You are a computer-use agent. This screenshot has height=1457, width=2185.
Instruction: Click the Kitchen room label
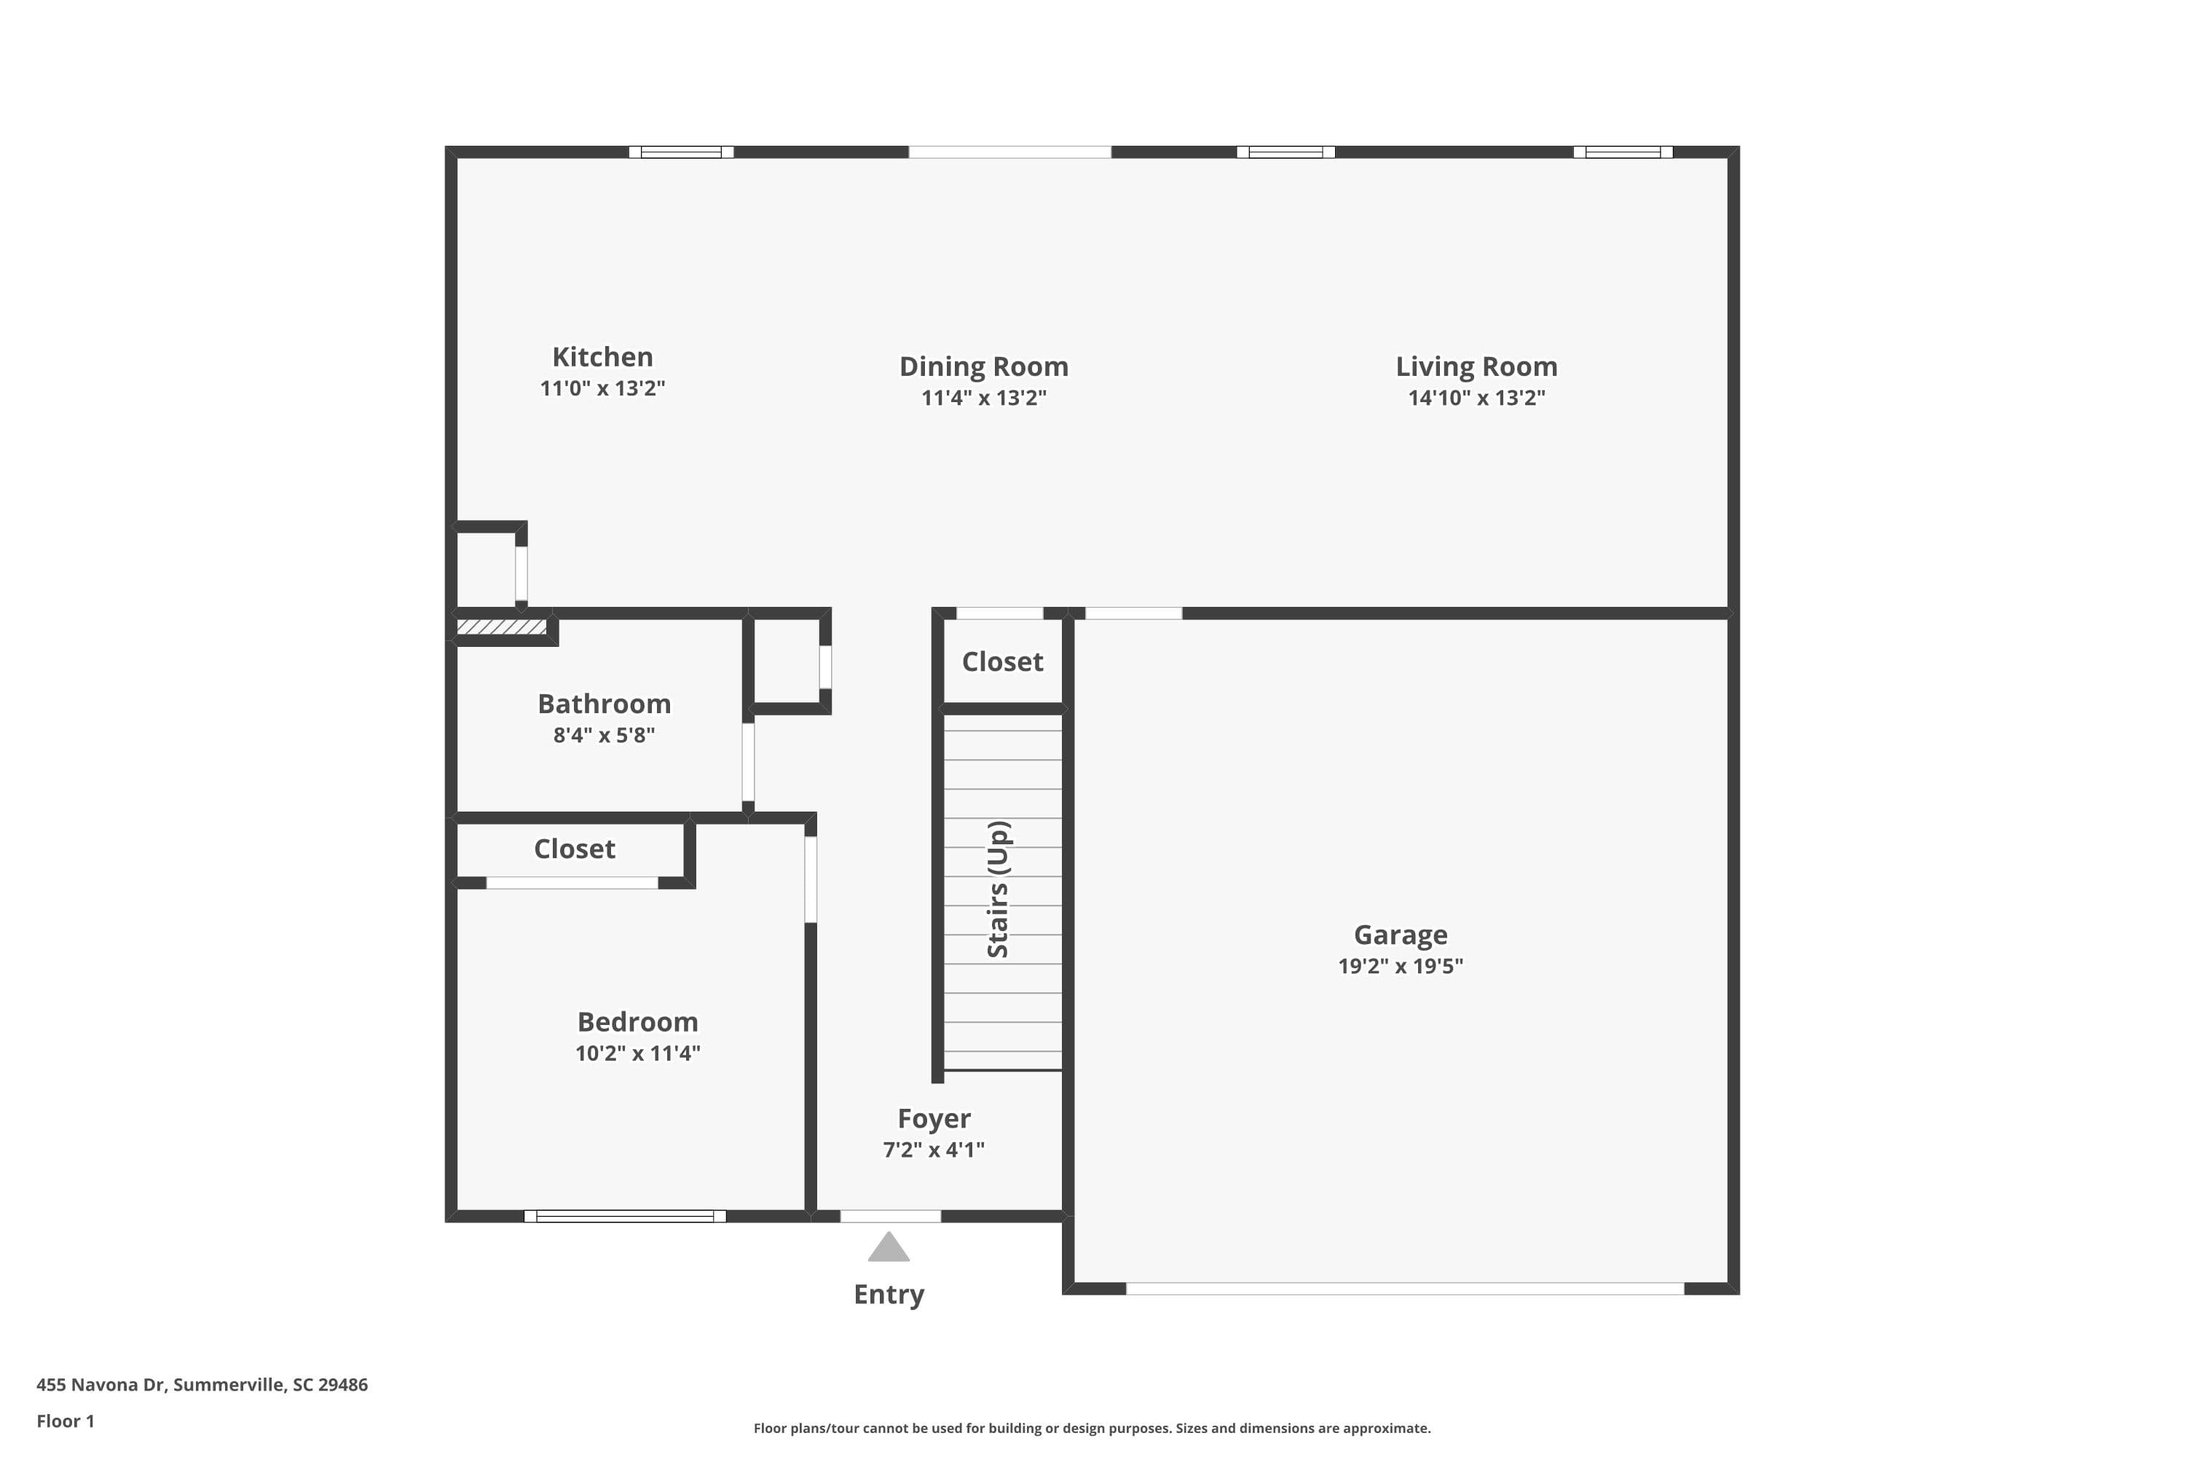[x=602, y=357]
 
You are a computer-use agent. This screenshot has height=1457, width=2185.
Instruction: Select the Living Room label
[x=1476, y=366]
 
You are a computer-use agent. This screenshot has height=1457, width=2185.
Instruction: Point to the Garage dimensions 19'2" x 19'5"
[x=1399, y=965]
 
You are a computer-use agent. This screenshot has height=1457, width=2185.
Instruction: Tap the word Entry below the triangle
[x=888, y=1294]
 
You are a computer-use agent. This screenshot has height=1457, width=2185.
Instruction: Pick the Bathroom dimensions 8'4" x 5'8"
[x=604, y=735]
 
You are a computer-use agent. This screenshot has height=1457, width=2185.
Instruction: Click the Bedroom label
[x=637, y=1021]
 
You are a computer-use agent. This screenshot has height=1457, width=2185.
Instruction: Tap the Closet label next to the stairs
[x=1001, y=661]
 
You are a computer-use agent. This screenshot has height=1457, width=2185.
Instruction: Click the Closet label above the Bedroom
[x=573, y=849]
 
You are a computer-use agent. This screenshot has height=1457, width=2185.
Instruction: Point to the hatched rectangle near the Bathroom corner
[x=502, y=627]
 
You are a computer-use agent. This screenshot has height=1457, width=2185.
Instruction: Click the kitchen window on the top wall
[x=680, y=152]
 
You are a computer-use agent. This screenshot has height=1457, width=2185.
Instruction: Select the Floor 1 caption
[x=65, y=1421]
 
